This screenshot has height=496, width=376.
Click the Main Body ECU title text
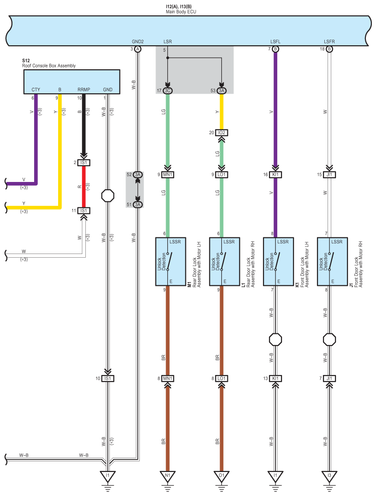click(x=181, y=12)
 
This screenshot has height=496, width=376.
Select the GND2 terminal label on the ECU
click(x=138, y=42)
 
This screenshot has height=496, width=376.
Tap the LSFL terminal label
click(x=275, y=42)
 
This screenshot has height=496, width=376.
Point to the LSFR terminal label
click(x=329, y=42)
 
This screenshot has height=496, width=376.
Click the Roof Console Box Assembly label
click(x=49, y=66)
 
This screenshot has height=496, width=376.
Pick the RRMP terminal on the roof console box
click(x=84, y=90)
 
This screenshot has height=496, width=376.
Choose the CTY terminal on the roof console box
click(x=36, y=90)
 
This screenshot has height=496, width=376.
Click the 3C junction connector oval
click(x=168, y=91)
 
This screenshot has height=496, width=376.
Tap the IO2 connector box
click(x=221, y=133)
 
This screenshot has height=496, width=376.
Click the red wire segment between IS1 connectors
click(x=84, y=187)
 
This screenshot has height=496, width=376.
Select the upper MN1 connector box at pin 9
click(x=168, y=175)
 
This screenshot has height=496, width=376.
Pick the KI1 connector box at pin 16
click(x=275, y=175)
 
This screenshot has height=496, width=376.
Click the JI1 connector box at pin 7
click(x=329, y=378)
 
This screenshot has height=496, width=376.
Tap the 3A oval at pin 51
click(x=138, y=205)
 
